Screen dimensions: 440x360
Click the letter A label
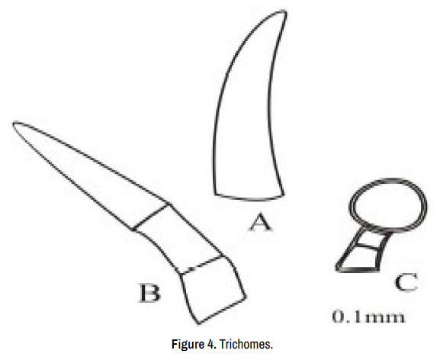click(x=261, y=222)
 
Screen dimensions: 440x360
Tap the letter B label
click(x=150, y=293)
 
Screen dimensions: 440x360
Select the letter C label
click(x=406, y=282)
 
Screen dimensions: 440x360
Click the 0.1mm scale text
click(x=368, y=317)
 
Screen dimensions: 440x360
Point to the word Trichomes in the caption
click(x=246, y=344)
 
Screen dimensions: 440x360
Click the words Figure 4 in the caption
click(x=194, y=344)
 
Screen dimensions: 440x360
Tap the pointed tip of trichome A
click(x=285, y=11)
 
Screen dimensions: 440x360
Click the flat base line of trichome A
click(x=249, y=198)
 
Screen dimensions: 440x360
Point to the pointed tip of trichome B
click(x=14, y=123)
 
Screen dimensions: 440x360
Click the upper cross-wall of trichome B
click(x=151, y=217)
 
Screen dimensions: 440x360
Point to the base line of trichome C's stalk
click(x=358, y=270)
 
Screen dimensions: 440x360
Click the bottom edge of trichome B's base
click(x=222, y=311)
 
